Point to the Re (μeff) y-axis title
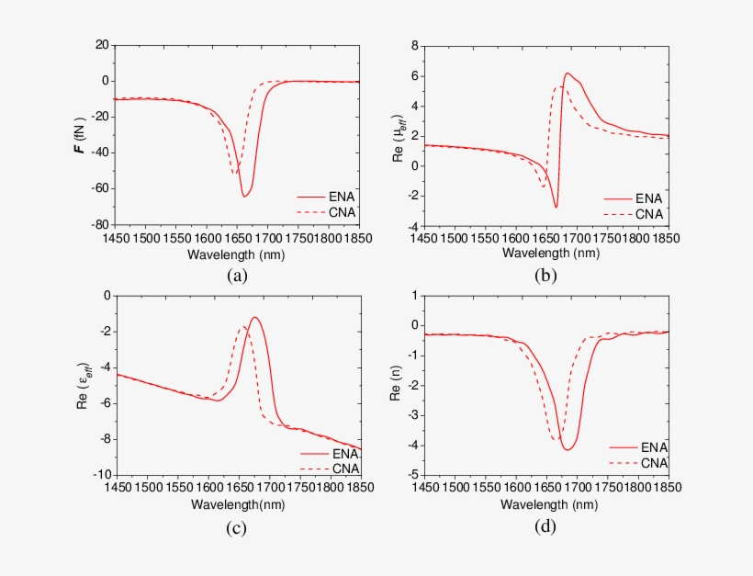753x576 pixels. tap(397, 135)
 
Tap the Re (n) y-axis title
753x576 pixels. tap(397, 386)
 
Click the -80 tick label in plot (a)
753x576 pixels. tap(97, 225)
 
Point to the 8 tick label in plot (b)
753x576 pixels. tap(415, 45)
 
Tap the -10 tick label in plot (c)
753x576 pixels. tap(97, 475)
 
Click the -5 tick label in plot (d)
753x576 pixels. tap(412, 475)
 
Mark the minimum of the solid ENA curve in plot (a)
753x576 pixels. tap(244, 197)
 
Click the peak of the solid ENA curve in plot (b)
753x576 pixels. tap(568, 73)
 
